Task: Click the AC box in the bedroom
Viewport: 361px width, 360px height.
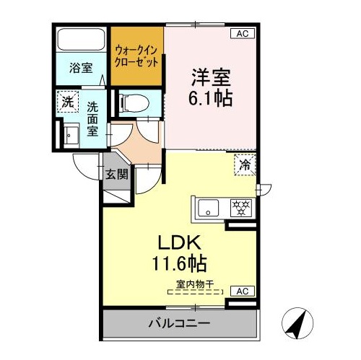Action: [x=243, y=34]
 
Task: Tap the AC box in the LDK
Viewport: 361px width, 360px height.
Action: [x=243, y=291]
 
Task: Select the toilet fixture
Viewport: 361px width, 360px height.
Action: [x=134, y=103]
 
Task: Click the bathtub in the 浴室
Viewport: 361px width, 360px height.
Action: [x=81, y=40]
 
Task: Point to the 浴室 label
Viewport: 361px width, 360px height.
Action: [x=81, y=68]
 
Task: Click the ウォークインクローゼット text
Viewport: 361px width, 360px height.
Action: [x=136, y=56]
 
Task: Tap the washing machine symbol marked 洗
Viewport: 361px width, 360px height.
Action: [x=68, y=102]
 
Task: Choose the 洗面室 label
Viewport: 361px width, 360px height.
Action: [x=92, y=119]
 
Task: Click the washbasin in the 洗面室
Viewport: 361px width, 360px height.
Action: [x=71, y=136]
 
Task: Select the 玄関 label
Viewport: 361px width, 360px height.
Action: [x=117, y=174]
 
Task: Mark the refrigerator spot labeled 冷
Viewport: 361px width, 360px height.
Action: [x=245, y=165]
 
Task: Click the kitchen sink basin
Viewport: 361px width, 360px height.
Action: [x=209, y=208]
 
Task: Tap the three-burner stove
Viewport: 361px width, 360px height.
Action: [x=241, y=208]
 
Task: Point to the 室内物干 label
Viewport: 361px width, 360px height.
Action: [x=195, y=284]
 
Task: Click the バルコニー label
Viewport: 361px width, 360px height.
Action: [x=179, y=323]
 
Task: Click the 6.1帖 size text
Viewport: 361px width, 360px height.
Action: [x=210, y=98]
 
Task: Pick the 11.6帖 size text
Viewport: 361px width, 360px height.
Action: [x=179, y=263]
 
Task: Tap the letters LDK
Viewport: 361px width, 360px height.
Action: [x=179, y=242]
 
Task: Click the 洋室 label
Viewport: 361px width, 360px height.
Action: [x=211, y=77]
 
